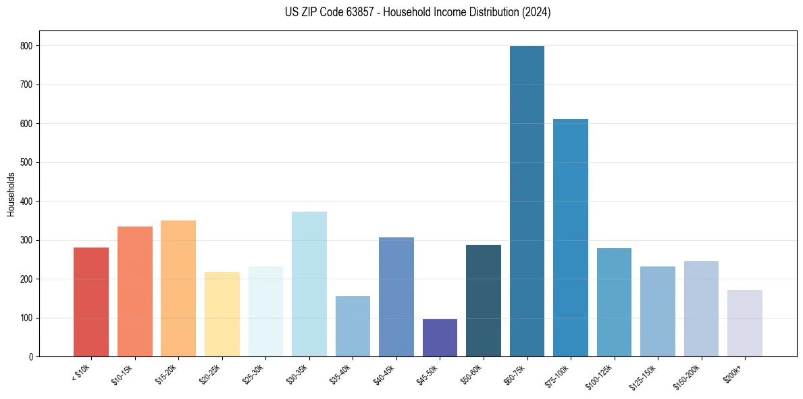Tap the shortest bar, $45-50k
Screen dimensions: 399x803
pyautogui.click(x=440, y=338)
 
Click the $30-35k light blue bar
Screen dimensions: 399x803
pyautogui.click(x=309, y=284)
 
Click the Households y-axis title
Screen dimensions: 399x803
pyautogui.click(x=11, y=194)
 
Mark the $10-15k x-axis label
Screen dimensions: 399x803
pyautogui.click(x=122, y=373)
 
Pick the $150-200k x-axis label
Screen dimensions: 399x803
pyautogui.click(x=686, y=375)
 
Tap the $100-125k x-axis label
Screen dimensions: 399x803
pyautogui.click(x=599, y=375)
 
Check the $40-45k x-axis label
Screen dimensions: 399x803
pyautogui.click(x=384, y=373)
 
